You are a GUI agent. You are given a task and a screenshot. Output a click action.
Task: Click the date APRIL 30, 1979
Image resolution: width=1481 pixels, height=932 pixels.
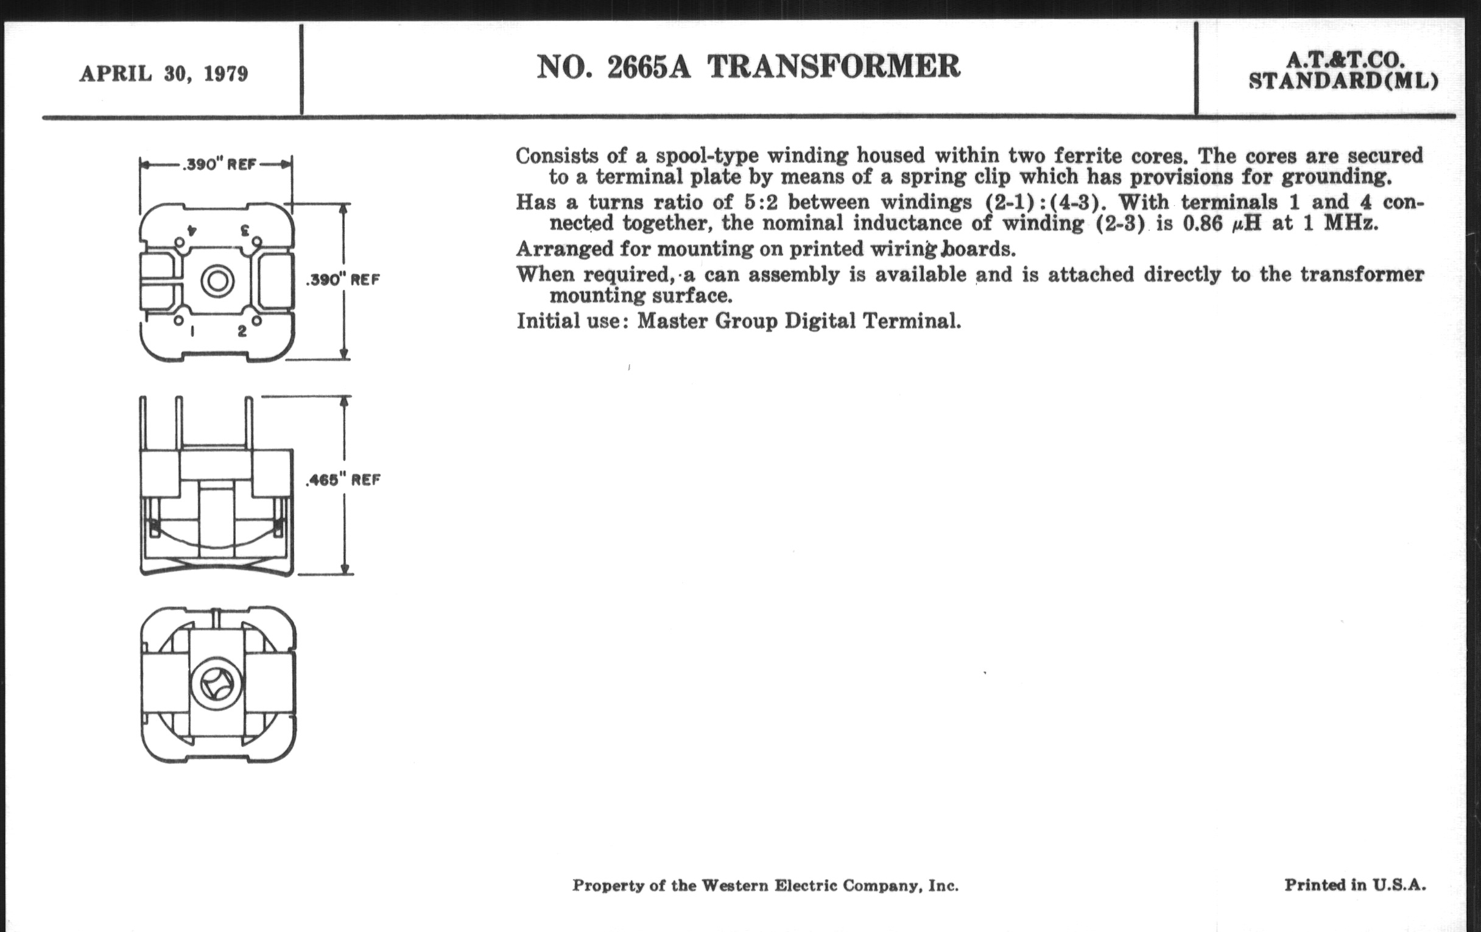point(164,74)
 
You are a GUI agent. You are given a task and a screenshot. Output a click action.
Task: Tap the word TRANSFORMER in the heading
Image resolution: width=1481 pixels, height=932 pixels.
point(834,66)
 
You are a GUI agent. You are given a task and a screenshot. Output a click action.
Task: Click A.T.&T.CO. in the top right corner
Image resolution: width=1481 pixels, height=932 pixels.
point(1345,60)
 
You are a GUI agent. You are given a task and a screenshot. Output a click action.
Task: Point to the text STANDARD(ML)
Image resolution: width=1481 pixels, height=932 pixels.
point(1343,81)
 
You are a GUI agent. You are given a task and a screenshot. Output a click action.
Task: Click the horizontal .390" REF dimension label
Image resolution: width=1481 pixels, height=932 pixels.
point(219,165)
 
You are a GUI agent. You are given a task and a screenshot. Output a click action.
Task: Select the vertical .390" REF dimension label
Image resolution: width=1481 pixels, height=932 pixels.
point(343,280)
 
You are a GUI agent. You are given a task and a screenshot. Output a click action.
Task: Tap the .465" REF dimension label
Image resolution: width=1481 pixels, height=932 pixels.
point(343,480)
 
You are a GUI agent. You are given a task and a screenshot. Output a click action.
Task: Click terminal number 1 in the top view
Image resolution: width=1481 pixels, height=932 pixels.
point(192,331)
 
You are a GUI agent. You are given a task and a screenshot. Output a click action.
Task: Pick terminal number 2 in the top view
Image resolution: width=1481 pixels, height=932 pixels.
point(242,331)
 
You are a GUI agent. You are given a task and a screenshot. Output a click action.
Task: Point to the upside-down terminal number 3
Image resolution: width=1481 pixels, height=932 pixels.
point(244,231)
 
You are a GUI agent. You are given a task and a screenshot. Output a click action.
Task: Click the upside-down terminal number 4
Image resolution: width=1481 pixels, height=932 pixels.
point(191,231)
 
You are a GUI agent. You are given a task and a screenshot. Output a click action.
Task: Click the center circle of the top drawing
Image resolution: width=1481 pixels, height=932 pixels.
point(218,281)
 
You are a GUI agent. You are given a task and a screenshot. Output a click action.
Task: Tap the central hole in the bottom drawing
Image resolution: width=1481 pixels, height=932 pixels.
point(218,683)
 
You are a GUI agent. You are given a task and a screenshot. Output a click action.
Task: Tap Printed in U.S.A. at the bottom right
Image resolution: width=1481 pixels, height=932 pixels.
point(1354,884)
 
